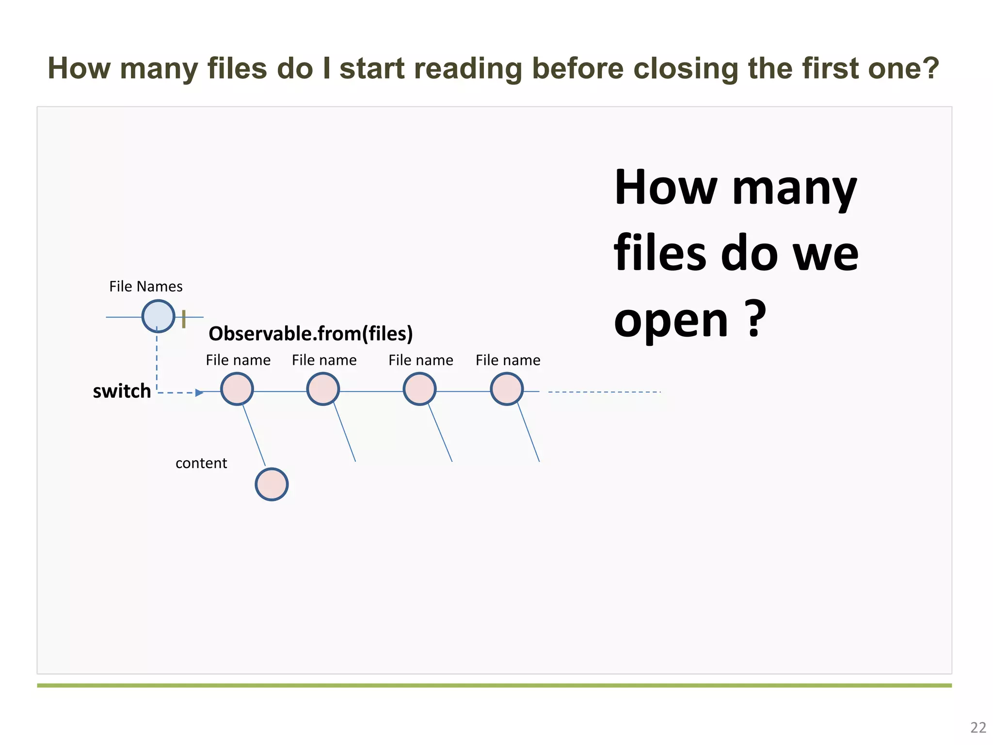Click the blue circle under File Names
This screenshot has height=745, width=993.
[158, 316]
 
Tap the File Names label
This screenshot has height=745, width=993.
[145, 287]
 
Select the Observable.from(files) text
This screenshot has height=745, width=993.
[310, 334]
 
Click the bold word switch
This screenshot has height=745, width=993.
[122, 391]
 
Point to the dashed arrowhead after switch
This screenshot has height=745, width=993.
[199, 392]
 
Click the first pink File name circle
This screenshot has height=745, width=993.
[237, 389]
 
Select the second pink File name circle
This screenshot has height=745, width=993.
[323, 389]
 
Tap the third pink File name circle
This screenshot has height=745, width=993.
[419, 389]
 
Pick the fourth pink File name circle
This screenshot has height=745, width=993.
[507, 389]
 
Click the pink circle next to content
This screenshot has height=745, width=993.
[272, 484]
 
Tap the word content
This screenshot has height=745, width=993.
[201, 463]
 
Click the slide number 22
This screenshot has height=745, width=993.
[978, 728]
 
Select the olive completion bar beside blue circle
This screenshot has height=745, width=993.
[184, 319]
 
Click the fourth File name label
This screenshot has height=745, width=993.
[508, 360]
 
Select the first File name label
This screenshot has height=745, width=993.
[238, 360]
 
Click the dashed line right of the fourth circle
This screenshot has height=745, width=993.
[604, 392]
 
